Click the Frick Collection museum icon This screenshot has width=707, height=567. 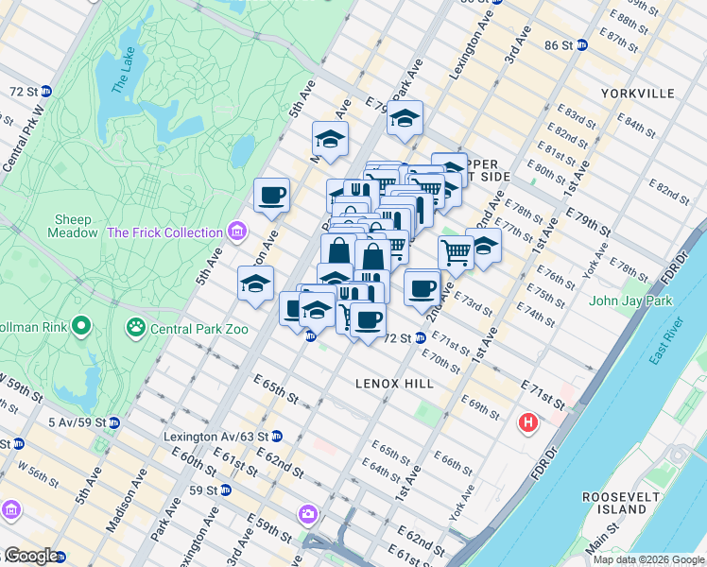coord(236,232)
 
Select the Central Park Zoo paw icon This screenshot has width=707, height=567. coord(137,328)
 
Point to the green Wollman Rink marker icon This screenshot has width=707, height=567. coord(81,328)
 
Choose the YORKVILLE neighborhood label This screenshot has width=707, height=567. coord(637,94)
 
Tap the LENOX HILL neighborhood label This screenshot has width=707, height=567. coord(394,384)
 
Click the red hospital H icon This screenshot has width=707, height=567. coord(527,422)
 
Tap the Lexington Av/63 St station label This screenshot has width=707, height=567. coord(215,437)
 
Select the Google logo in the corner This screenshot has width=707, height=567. coord(30,556)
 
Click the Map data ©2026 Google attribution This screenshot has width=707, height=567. coord(647,559)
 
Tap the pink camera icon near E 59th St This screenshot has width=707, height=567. coord(307,514)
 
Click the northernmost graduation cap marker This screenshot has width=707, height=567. coord(405,118)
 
